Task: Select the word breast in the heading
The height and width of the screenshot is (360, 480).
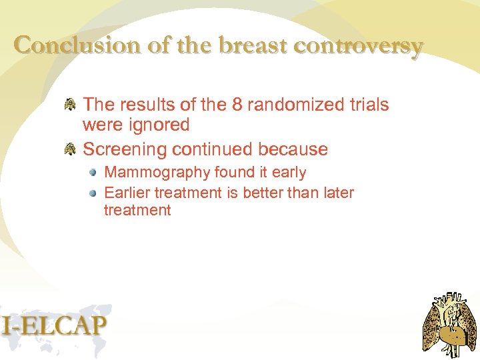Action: [253, 45]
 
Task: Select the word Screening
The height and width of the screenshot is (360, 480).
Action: [126, 149]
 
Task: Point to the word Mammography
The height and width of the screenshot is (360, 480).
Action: [157, 173]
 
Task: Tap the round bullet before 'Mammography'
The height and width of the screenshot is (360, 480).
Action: [95, 172]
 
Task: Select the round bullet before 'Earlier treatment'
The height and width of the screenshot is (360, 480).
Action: [95, 193]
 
